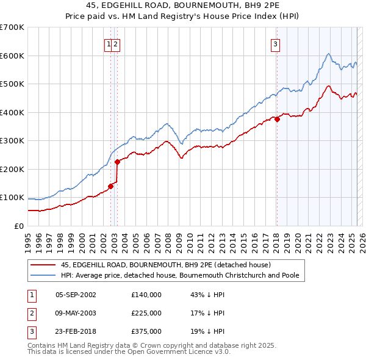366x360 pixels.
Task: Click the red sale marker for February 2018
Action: tap(277, 120)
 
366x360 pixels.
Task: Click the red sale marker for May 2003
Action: tap(117, 162)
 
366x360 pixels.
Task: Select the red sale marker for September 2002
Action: tap(110, 186)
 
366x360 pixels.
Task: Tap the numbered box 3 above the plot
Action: tap(276, 43)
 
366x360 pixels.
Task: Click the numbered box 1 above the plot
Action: tap(109, 43)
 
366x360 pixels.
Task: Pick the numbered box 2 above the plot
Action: tap(115, 43)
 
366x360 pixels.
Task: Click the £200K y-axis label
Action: tap(12, 169)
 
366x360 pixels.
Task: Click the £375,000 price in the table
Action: tap(146, 332)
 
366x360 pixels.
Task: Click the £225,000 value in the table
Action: tap(146, 313)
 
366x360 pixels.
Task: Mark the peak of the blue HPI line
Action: tap(328, 54)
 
